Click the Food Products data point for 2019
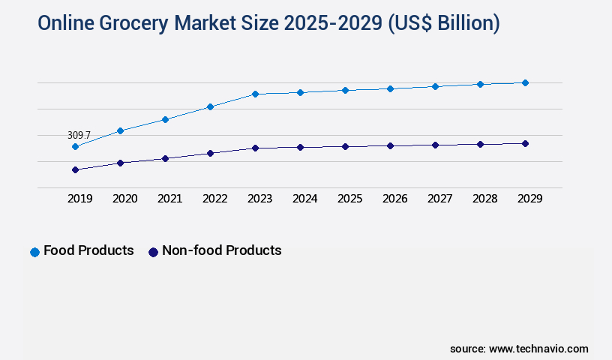(75, 146)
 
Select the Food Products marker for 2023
(255, 94)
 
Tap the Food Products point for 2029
(525, 82)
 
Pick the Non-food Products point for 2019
(75, 169)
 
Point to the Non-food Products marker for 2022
(210, 153)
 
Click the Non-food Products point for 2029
(525, 143)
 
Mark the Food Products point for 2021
(165, 119)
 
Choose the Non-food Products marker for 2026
(390, 145)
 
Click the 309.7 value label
(79, 135)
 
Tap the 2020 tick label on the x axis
(124, 199)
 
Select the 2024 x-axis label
(304, 199)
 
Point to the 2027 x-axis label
(439, 199)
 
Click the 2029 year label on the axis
(529, 199)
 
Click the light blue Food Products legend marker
(34, 252)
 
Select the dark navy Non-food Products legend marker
(153, 252)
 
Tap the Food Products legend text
(88, 250)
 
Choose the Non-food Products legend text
(221, 250)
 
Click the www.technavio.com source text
(538, 349)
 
